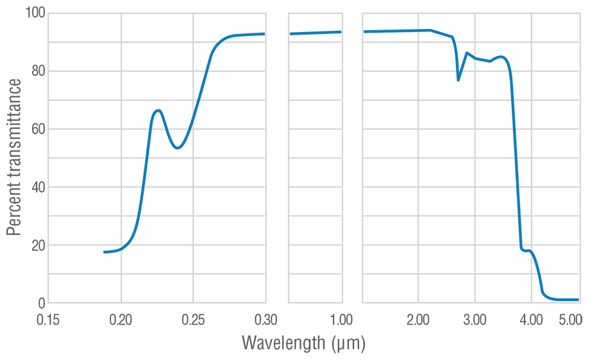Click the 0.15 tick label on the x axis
48,320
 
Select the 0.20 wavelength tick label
121,320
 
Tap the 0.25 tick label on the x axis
193,320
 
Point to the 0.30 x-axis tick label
265,320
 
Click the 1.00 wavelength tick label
341,320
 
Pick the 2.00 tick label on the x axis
418,320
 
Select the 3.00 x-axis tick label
475,320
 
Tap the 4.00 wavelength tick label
531,320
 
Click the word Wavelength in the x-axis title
283,343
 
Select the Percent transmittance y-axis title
13,157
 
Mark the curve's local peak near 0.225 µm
158,110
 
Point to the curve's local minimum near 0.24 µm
178,148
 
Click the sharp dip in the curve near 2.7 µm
458,80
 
